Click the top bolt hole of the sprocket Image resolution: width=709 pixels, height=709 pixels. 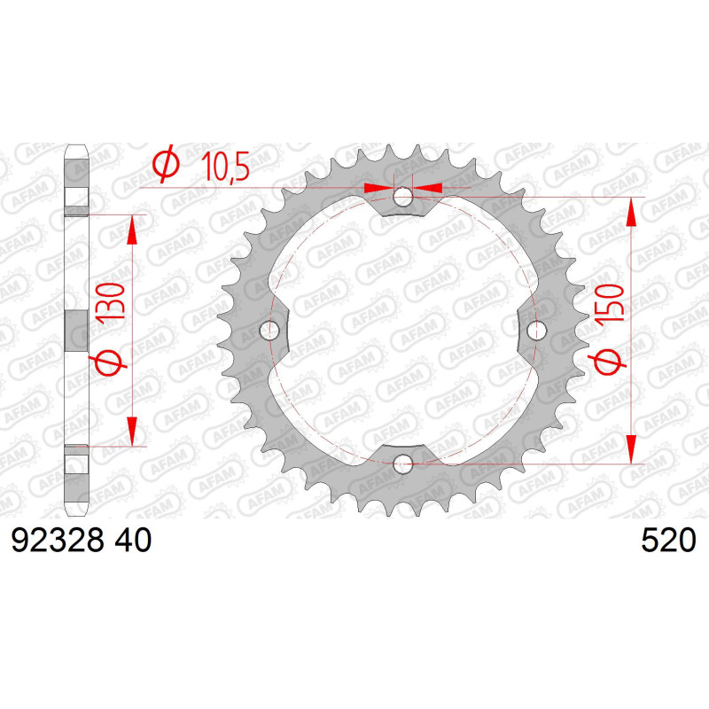tap(402, 197)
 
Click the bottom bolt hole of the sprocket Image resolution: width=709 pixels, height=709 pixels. tap(403, 464)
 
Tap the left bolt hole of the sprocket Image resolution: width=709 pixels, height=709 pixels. tap(269, 330)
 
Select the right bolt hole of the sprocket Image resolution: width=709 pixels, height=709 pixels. tap(537, 330)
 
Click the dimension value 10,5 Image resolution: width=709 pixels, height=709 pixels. tap(225, 167)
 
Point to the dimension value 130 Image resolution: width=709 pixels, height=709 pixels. tap(110, 302)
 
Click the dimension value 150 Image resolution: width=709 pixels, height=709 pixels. tap(610, 303)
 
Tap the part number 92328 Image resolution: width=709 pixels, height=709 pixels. tap(58, 540)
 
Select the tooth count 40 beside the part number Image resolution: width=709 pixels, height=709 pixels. tap(133, 540)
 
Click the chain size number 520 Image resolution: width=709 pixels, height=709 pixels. tap(669, 540)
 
